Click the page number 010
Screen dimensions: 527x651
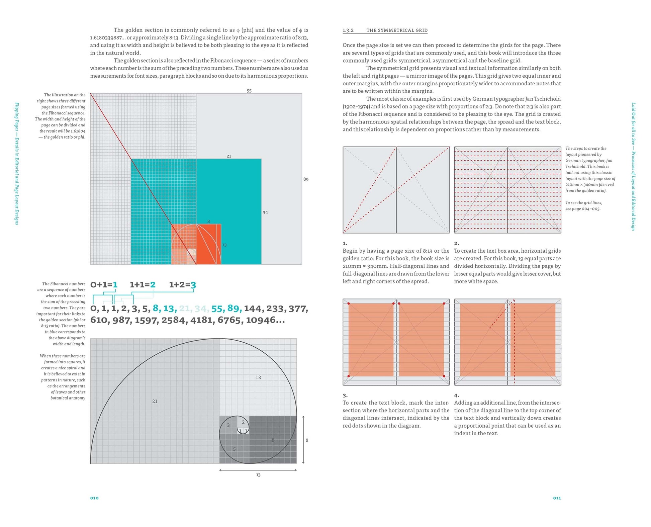(94, 498)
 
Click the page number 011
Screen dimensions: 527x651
(557, 498)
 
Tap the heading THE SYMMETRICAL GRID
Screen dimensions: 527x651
(397, 30)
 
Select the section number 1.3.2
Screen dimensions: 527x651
(348, 30)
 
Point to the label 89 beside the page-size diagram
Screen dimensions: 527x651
(306, 179)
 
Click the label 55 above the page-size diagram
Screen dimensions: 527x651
(249, 91)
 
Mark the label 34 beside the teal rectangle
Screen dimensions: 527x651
(265, 212)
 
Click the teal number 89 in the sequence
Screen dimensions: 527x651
(234, 309)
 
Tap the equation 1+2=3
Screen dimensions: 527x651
(182, 285)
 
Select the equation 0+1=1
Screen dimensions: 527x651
(104, 285)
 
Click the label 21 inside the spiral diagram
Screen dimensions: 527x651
(155, 401)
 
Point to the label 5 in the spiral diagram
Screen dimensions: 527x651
(234, 449)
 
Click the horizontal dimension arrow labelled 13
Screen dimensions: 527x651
(258, 470)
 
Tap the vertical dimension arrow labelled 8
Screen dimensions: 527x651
(303, 440)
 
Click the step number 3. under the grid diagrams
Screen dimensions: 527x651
(345, 396)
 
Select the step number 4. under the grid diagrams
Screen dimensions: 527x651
(457, 396)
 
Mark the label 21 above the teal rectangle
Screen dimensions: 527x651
(229, 156)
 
